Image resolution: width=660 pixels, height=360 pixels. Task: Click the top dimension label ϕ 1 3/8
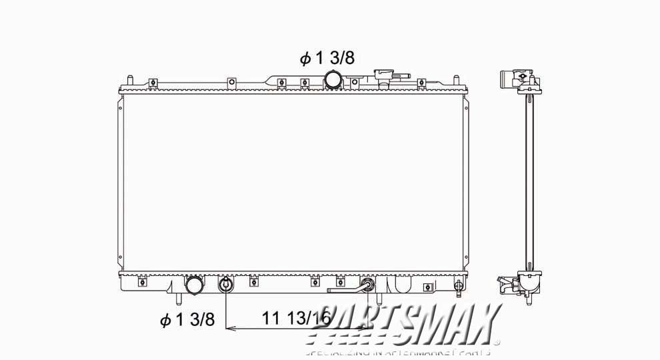(x=327, y=59)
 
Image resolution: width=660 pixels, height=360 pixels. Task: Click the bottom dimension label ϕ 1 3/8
(x=187, y=320)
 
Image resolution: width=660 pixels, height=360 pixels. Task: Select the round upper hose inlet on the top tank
(x=333, y=81)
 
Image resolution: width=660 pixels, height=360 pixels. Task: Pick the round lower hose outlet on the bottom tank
(x=194, y=286)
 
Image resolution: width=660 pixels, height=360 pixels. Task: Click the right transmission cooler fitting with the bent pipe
(x=366, y=286)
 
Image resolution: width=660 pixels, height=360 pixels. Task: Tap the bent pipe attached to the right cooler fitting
(x=343, y=290)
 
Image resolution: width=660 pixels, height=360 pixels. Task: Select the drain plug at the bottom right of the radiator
(x=458, y=287)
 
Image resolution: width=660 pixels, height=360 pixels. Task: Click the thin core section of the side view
(x=529, y=180)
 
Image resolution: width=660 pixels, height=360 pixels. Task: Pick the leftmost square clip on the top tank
(x=153, y=83)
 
